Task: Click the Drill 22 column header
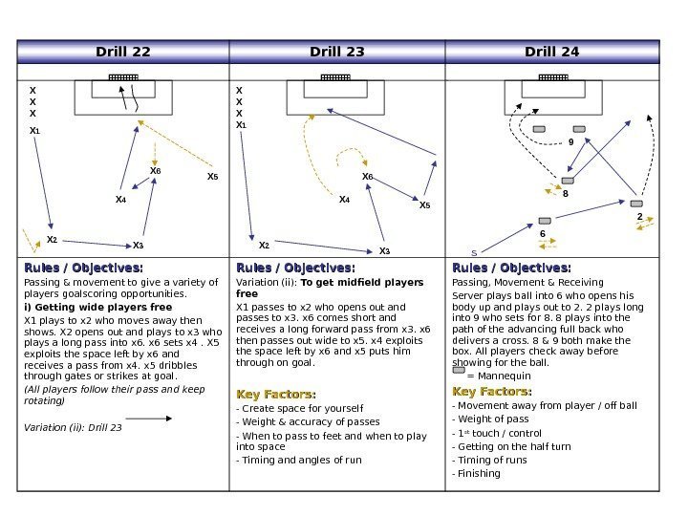click(122, 52)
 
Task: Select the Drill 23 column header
click(337, 52)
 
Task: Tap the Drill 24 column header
click(552, 52)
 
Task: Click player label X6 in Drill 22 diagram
click(155, 171)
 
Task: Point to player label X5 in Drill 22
click(213, 178)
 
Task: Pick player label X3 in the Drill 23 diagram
click(384, 251)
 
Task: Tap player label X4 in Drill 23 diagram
click(344, 200)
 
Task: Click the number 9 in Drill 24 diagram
click(571, 141)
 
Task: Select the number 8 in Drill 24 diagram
click(565, 193)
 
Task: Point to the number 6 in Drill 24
click(543, 234)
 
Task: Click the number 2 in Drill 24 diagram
click(639, 217)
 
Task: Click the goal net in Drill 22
click(122, 76)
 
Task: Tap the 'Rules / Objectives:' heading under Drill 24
click(511, 268)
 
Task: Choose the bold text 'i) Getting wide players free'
click(97, 308)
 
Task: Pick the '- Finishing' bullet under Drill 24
click(477, 473)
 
